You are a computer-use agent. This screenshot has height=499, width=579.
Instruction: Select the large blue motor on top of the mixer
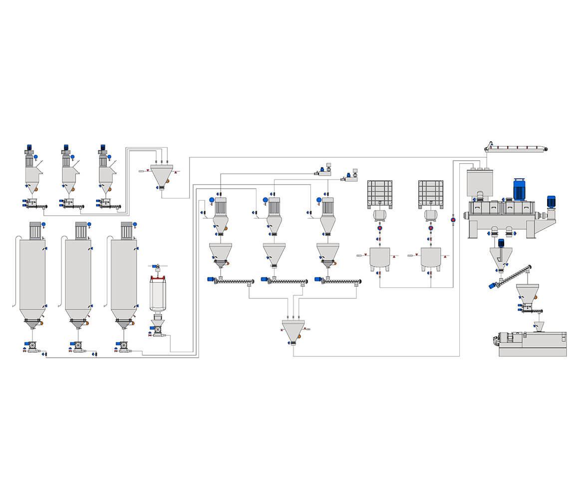[x=520, y=190]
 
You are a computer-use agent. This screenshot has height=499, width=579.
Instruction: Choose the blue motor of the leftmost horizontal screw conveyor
[x=211, y=279]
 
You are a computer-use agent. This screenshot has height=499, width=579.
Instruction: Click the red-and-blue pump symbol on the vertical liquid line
[x=453, y=219]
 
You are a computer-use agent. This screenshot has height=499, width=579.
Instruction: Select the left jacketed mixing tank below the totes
[x=379, y=258]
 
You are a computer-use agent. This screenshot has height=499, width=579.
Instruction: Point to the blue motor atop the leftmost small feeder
[x=29, y=148]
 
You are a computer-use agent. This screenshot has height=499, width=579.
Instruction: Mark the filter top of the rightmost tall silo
[x=126, y=231]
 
